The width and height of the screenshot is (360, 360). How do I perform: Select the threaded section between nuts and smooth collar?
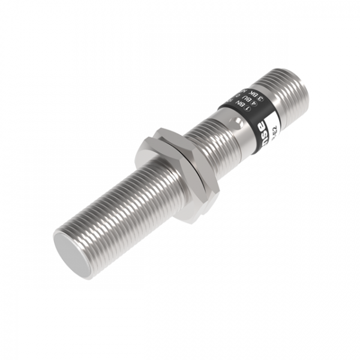click(210, 144)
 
